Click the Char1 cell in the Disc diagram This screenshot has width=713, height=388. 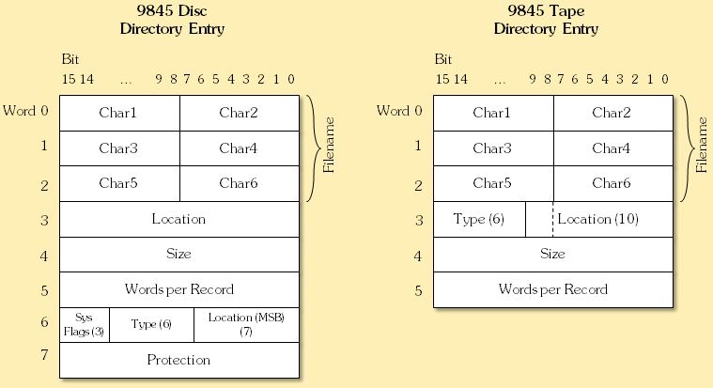[118, 113]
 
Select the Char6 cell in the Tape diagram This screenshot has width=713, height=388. [612, 183]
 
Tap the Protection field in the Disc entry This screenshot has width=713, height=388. [178, 360]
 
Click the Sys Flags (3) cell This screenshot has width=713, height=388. [85, 324]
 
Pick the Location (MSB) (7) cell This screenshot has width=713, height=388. [246, 324]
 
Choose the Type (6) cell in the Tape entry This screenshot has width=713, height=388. [479, 219]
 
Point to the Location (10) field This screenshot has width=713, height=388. [598, 219]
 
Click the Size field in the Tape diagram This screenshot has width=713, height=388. [552, 254]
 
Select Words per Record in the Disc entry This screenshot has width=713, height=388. [178, 289]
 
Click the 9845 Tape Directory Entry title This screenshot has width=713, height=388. [546, 22]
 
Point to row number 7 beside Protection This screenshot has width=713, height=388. [43, 356]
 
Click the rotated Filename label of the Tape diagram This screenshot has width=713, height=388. [702, 148]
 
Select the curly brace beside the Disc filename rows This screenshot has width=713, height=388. [313, 148]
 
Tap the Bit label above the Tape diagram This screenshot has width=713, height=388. [443, 59]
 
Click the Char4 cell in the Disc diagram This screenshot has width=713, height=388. [239, 148]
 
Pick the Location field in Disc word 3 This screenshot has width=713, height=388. [178, 219]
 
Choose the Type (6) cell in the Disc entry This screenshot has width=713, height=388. [151, 324]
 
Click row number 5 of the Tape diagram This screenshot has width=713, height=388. [417, 290]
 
